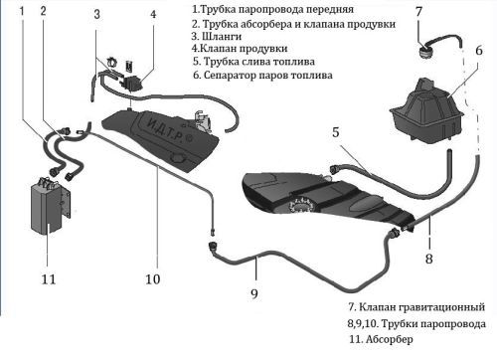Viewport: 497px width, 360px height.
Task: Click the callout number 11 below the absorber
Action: [x=49, y=278]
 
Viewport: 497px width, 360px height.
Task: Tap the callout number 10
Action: [x=153, y=278]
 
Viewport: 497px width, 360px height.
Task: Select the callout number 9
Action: [x=254, y=293]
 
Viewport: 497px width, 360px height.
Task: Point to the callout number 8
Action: [x=429, y=259]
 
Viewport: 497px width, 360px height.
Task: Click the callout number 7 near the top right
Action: [x=419, y=11]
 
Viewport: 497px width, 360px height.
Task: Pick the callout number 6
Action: [x=479, y=51]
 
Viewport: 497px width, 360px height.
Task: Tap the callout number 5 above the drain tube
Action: [x=336, y=132]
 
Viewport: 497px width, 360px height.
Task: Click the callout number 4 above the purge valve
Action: [x=153, y=14]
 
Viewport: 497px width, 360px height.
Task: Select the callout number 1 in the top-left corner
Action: [x=22, y=11]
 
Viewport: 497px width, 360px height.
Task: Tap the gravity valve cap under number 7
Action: [x=425, y=53]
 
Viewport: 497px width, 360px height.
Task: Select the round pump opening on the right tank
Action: [x=300, y=206]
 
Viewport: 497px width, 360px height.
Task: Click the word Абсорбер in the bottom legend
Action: [x=390, y=339]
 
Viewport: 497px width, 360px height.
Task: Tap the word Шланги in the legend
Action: [x=222, y=36]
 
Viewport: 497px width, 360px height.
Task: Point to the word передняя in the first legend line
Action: [x=330, y=9]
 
